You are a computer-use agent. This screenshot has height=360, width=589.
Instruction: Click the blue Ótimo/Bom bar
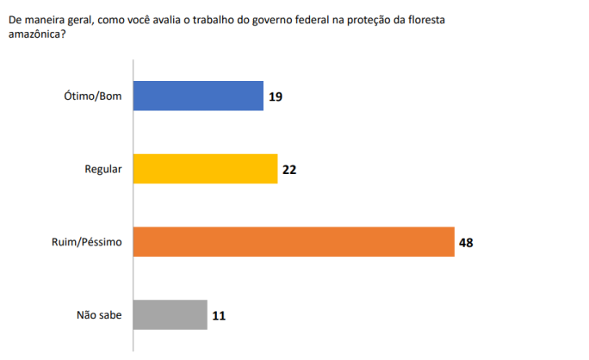click(198, 96)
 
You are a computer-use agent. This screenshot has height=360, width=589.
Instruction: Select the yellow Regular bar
click(205, 170)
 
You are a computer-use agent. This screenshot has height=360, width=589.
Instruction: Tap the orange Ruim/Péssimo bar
click(293, 242)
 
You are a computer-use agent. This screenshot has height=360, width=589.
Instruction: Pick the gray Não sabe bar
click(170, 315)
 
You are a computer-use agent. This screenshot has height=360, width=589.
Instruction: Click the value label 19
click(275, 96)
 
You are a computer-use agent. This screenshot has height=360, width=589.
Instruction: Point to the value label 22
click(289, 170)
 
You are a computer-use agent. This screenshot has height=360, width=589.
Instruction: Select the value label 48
click(466, 242)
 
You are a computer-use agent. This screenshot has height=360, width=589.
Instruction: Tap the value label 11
click(219, 315)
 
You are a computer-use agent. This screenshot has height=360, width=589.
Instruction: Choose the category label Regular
click(103, 170)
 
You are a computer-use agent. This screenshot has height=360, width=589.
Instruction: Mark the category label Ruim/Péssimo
click(89, 243)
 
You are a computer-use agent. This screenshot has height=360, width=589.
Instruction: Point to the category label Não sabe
click(99, 315)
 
